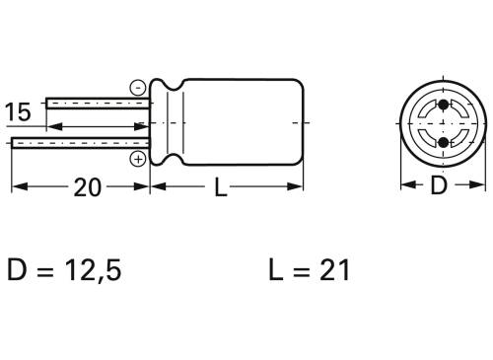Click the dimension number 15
(x=19, y=112)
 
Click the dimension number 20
(x=88, y=187)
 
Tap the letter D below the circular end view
(x=440, y=185)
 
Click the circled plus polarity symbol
(x=138, y=158)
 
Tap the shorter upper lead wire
(x=99, y=102)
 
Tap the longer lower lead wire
(x=79, y=143)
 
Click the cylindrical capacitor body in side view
(x=237, y=122)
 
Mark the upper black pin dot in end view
(x=442, y=105)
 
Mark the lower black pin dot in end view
(x=442, y=143)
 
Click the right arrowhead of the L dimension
(x=298, y=187)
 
